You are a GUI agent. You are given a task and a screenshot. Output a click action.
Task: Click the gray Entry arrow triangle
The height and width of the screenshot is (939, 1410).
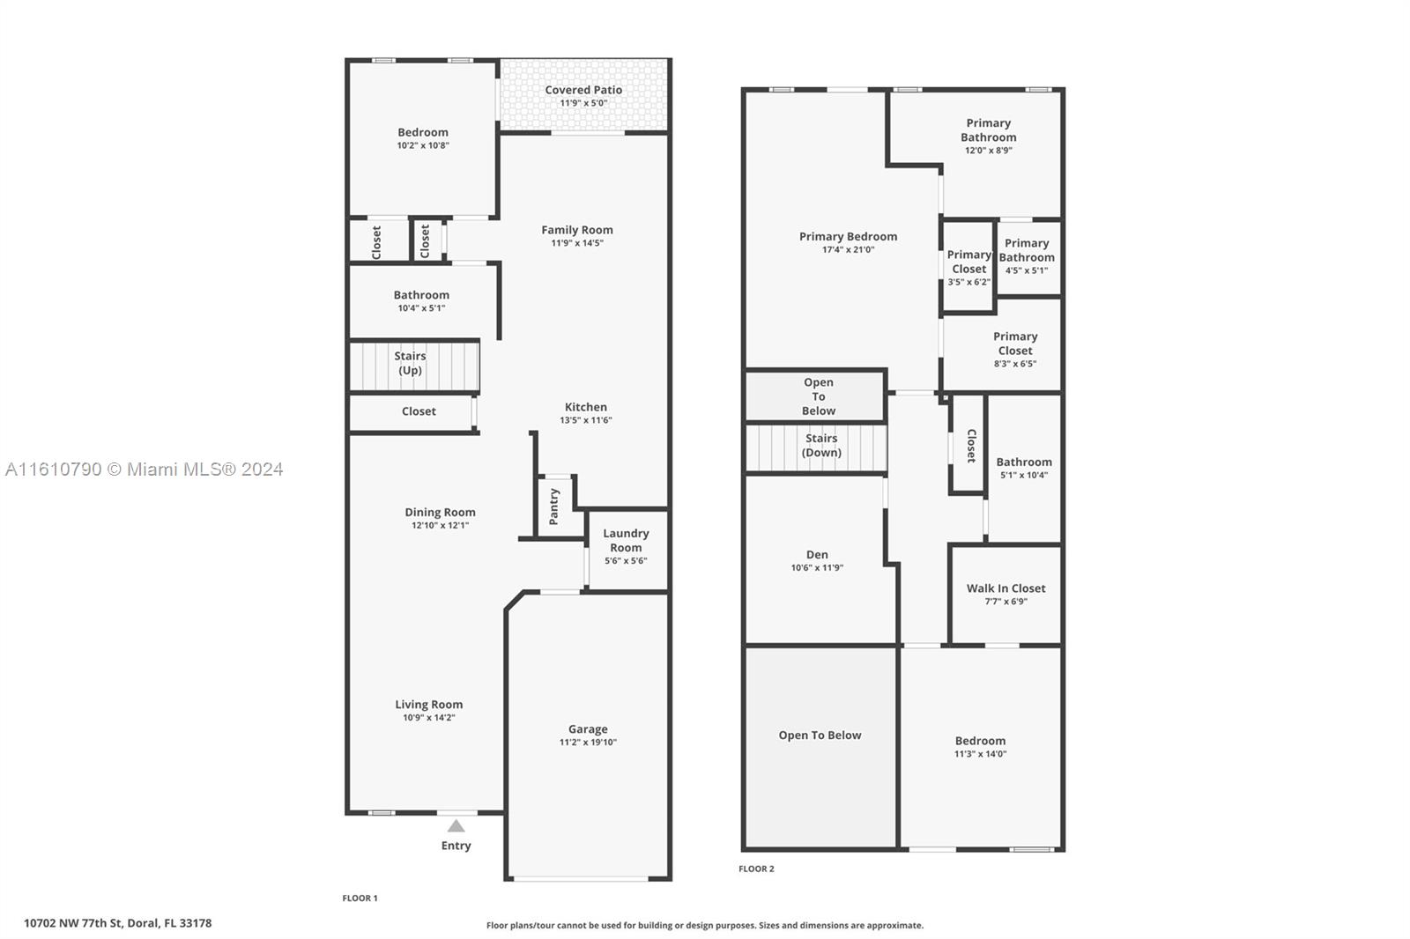tap(456, 826)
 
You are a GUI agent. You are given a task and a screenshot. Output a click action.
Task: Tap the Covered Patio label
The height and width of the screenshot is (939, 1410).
tap(583, 90)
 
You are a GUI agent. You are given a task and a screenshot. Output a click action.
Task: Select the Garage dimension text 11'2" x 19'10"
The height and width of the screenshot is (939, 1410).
tap(588, 743)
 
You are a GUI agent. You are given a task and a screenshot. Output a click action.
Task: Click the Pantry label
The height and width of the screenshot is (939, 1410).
tap(554, 506)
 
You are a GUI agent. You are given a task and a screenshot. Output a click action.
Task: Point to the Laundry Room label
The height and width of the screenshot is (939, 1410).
tap(626, 540)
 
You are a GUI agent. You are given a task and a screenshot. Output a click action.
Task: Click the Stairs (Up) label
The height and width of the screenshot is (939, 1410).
tap(410, 363)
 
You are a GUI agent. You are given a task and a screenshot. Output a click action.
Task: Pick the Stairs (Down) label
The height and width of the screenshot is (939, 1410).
tap(821, 445)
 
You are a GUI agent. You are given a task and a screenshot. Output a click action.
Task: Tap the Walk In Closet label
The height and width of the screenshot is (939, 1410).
tap(1006, 588)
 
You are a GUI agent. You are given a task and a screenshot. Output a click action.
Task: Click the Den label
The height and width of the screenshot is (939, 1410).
tap(817, 554)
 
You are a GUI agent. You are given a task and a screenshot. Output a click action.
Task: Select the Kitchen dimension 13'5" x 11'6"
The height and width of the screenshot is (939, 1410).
tap(586, 420)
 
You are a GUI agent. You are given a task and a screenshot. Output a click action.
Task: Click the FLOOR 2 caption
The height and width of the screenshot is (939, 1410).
tap(757, 869)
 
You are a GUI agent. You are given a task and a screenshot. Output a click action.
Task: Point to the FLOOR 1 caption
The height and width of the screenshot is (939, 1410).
tap(360, 898)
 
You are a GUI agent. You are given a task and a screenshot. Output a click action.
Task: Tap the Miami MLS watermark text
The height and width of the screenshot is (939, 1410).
tap(145, 469)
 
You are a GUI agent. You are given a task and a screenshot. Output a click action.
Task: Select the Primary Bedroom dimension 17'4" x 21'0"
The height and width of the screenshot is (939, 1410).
tap(849, 250)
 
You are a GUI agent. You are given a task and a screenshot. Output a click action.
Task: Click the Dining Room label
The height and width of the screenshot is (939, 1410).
tap(440, 513)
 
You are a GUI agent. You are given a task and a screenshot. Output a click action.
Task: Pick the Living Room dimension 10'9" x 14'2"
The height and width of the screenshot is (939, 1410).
tap(428, 718)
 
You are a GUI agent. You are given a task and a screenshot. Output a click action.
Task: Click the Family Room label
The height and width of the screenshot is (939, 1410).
tap(577, 230)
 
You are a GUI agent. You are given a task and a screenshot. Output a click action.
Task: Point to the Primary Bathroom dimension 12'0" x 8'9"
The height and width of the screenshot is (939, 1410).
tap(989, 151)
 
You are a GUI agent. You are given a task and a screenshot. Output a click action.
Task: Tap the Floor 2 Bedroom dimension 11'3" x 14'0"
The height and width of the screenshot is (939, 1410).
tap(980, 754)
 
